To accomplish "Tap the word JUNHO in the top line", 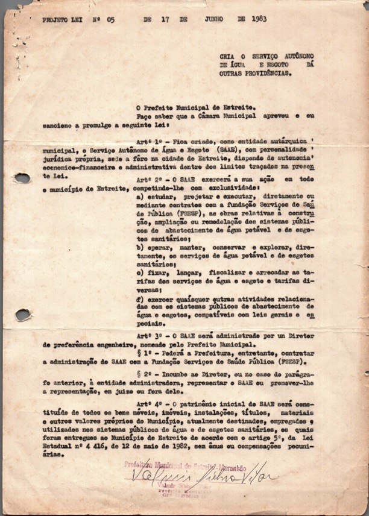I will point(213,19).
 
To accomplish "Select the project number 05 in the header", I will point(110,19).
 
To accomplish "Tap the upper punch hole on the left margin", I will point(22,178).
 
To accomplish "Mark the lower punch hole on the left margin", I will point(23,314).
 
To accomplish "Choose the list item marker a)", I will point(140,197).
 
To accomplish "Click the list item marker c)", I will point(140,272).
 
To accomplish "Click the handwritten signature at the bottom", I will point(203,479).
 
